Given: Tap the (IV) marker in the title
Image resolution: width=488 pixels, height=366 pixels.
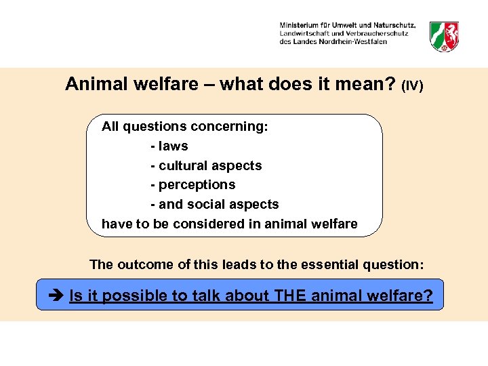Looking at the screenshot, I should [412, 86].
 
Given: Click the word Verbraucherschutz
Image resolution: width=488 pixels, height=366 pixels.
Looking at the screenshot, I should [377, 33].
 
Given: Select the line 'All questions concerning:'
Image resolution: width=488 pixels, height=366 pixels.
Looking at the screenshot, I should [184, 126].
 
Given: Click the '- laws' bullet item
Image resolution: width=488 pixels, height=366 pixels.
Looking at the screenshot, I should [169, 146].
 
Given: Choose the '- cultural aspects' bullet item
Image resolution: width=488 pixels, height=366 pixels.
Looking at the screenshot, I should [205, 165].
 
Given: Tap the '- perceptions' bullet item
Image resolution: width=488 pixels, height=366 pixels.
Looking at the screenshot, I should [192, 184].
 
